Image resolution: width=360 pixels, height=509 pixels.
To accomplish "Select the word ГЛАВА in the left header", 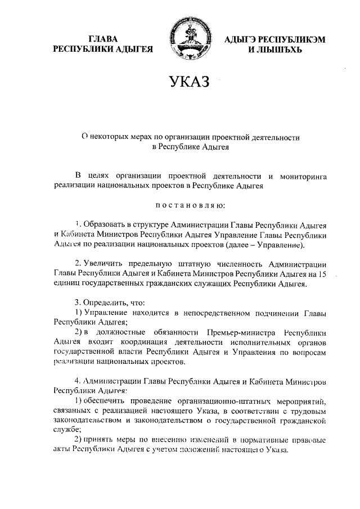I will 103,39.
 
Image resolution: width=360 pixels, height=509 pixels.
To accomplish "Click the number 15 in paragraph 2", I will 322,273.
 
